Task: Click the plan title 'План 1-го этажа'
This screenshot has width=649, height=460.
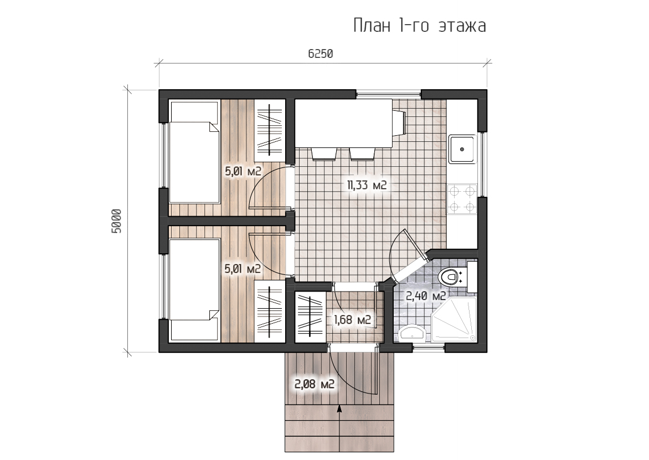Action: [x=419, y=25]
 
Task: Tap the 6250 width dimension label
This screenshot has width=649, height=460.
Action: [x=321, y=54]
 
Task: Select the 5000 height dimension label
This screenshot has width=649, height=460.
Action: [x=117, y=221]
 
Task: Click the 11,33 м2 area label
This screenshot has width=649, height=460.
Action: [x=367, y=185]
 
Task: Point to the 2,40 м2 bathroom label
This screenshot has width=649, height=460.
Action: [x=425, y=296]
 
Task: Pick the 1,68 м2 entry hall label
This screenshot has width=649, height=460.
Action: [x=352, y=320]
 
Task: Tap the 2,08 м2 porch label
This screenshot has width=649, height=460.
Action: [x=314, y=384]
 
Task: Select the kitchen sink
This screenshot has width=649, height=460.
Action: [x=462, y=149]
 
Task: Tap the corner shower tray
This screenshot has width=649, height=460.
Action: [x=454, y=320]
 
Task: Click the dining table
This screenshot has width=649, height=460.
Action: [x=343, y=123]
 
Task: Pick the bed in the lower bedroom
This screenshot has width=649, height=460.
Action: [x=194, y=290]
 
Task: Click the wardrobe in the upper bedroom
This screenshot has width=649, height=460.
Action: [x=270, y=131]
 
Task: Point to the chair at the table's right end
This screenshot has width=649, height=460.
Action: [x=399, y=122]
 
